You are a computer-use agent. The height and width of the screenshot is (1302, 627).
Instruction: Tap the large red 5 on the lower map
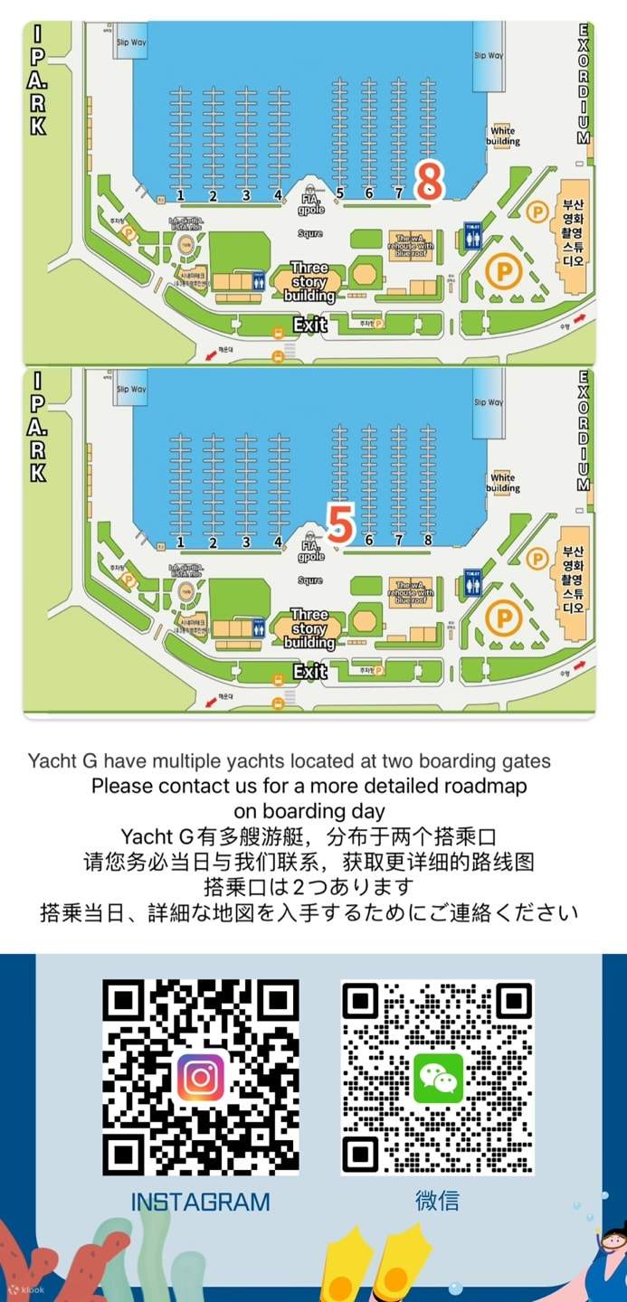coord(339,525)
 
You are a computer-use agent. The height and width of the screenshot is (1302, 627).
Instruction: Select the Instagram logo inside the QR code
coord(201,1077)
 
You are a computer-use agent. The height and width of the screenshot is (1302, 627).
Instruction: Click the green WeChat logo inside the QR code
coord(438,1077)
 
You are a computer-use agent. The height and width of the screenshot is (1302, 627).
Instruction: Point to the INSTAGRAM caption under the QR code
coord(200,1202)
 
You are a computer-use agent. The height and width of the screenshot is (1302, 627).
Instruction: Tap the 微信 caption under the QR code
coord(437,1201)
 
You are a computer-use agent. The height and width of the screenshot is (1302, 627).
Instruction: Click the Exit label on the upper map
coord(309,325)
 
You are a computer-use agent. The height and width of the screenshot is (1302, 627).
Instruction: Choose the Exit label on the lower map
coord(309,672)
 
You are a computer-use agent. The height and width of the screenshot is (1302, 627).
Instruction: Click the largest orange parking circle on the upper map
coord(503,270)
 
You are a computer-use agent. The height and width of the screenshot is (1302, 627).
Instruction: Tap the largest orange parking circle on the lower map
coord(503,618)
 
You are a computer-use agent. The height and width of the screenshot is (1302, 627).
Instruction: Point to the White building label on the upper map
coord(503,137)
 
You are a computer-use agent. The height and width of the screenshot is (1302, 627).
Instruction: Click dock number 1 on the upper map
coord(181,194)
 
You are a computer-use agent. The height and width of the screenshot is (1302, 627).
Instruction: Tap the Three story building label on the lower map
coord(309,628)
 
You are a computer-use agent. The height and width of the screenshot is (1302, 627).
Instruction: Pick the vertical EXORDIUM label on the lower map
coord(584,430)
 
